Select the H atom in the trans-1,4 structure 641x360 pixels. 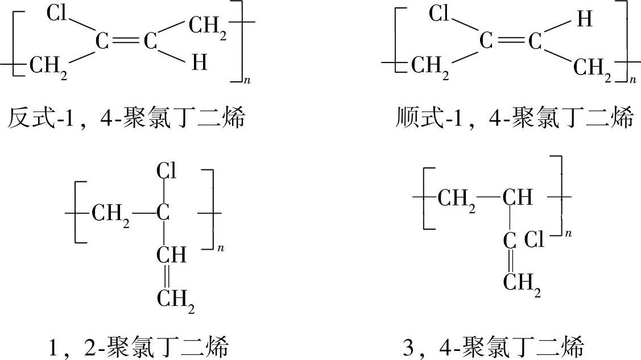pos(200,63)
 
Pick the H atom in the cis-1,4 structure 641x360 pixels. pos(584,20)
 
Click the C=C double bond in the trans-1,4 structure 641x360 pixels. pos(125,42)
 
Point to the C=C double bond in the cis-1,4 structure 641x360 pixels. pos(507,42)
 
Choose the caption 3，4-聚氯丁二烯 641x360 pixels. pos(494,346)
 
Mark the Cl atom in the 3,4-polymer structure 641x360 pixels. pos(534,239)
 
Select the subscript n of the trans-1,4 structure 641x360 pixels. pos(247,81)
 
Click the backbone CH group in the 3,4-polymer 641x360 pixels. pos(517,198)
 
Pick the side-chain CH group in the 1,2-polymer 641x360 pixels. pos(171,255)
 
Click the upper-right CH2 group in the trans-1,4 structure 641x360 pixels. pos(208,27)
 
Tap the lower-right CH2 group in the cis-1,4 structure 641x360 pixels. pos(593,69)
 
